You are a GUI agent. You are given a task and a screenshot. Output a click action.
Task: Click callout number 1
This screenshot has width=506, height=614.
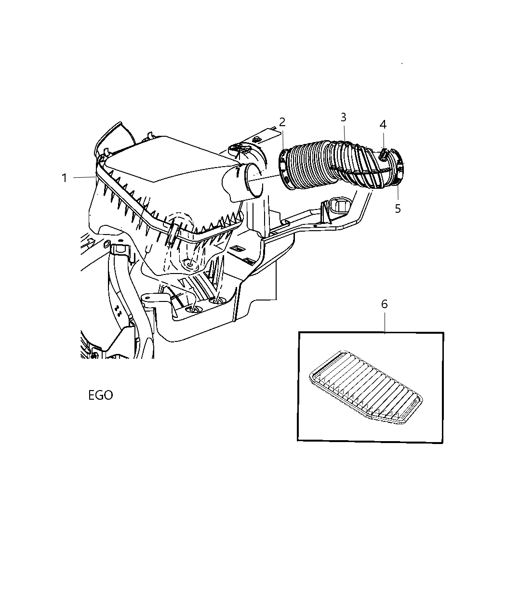tap(64, 178)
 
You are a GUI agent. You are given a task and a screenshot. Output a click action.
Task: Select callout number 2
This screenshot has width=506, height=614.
tap(282, 122)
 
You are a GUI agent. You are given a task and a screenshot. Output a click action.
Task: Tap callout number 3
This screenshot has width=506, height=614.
tap(343, 117)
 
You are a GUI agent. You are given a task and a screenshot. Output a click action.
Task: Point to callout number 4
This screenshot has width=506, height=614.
tap(383, 124)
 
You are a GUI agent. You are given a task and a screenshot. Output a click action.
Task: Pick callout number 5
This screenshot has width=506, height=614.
tap(398, 209)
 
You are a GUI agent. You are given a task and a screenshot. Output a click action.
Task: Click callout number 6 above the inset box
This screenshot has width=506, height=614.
tap(384, 304)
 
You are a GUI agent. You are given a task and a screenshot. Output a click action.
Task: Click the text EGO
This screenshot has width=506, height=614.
tap(101, 395)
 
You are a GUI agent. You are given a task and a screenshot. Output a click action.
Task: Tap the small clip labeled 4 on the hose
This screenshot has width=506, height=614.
tap(383, 155)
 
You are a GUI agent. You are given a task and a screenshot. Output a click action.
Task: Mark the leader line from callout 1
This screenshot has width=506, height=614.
tap(84, 178)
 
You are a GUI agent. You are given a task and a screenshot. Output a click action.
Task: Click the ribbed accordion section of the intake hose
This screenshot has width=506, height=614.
tap(308, 164)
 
